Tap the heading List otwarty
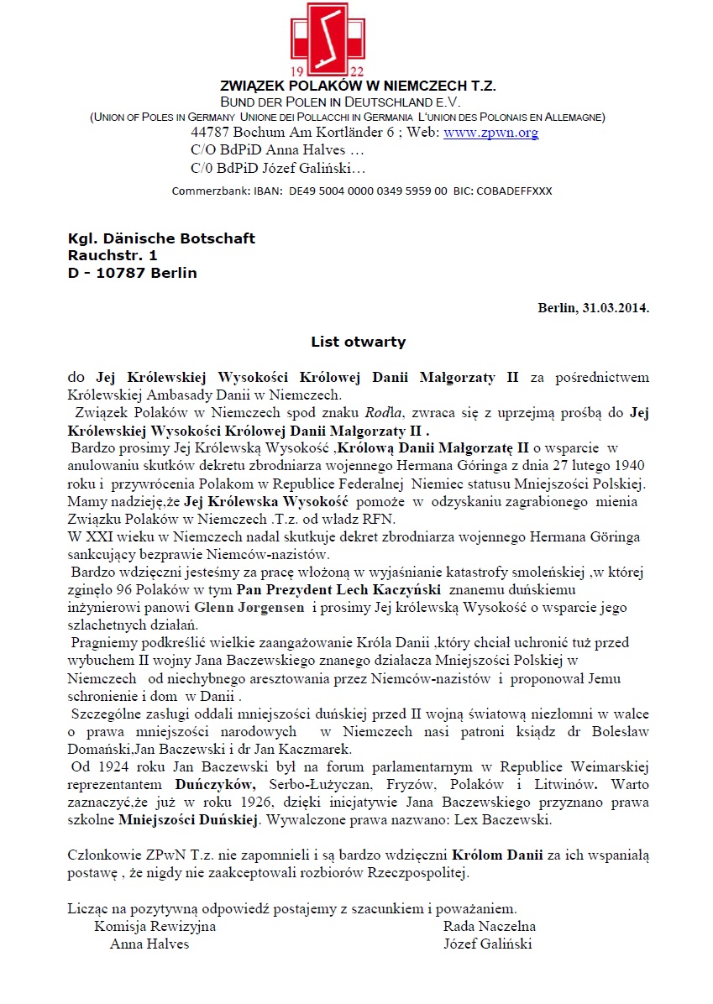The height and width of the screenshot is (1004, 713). (x=358, y=342)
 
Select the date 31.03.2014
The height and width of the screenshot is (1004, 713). (x=614, y=307)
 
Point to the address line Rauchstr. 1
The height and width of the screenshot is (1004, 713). (x=113, y=255)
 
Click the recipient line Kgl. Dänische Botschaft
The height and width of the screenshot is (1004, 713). (x=161, y=238)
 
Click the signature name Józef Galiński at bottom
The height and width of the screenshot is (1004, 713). (x=487, y=944)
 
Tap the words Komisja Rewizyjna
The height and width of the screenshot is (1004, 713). (x=155, y=926)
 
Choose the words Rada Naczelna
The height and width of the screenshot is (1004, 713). (x=490, y=926)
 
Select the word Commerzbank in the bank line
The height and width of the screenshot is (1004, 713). (x=207, y=191)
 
